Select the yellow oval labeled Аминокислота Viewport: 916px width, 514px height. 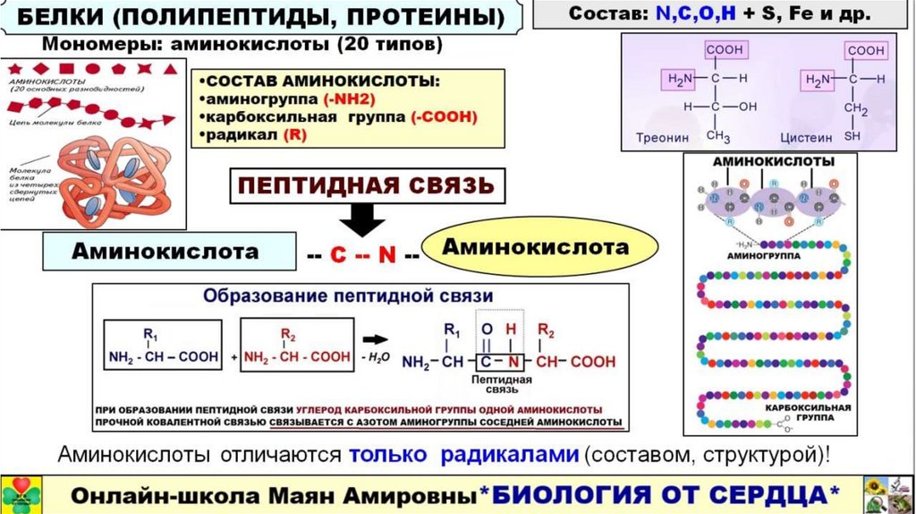539,246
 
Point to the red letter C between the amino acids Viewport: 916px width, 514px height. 338,254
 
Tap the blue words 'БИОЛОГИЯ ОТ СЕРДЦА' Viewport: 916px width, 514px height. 667,493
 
